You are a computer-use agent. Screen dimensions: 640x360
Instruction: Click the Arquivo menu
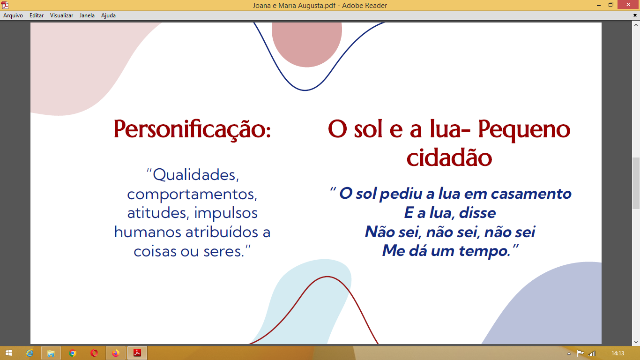point(13,15)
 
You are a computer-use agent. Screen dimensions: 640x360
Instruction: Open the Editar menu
point(37,15)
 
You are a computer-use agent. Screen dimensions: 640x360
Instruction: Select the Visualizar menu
point(61,15)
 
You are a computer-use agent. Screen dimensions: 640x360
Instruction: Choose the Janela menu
point(87,15)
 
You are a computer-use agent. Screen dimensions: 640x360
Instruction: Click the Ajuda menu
point(108,15)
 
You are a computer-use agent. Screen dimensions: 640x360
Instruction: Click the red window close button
point(628,5)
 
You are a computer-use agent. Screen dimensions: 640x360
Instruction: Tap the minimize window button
point(599,5)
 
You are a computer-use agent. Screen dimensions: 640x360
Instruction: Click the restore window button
point(611,5)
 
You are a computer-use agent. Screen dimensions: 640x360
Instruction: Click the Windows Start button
point(8,353)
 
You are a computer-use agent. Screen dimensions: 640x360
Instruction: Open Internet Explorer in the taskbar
point(30,353)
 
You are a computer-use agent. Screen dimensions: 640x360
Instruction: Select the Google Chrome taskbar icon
point(73,353)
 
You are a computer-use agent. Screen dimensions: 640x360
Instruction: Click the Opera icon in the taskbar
point(94,353)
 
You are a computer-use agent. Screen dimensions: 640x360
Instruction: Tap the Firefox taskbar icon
point(115,353)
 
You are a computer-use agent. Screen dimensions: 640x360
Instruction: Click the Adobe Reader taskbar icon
point(137,353)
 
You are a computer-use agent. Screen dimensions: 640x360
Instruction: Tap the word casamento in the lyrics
point(531,194)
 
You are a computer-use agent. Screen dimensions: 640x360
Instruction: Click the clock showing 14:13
point(618,353)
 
